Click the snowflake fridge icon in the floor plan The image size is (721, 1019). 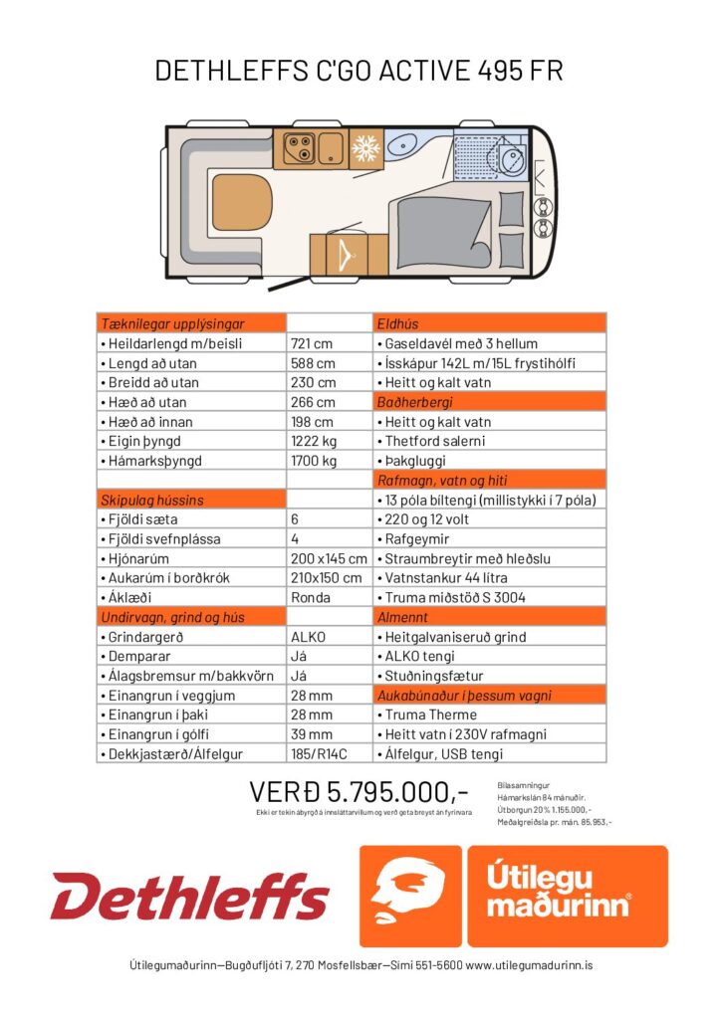pyautogui.click(x=364, y=150)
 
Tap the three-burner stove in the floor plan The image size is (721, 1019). pyautogui.click(x=299, y=149)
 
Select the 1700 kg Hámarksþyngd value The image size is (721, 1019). pyautogui.click(x=315, y=461)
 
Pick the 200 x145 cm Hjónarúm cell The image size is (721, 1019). pyautogui.click(x=328, y=558)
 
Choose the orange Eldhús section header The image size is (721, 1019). pyautogui.click(x=490, y=323)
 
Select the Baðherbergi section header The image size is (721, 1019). pyautogui.click(x=490, y=402)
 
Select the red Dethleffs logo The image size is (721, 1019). pyautogui.click(x=189, y=896)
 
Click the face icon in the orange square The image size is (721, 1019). pyautogui.click(x=409, y=896)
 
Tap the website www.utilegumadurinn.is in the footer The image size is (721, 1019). pyautogui.click(x=530, y=965)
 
